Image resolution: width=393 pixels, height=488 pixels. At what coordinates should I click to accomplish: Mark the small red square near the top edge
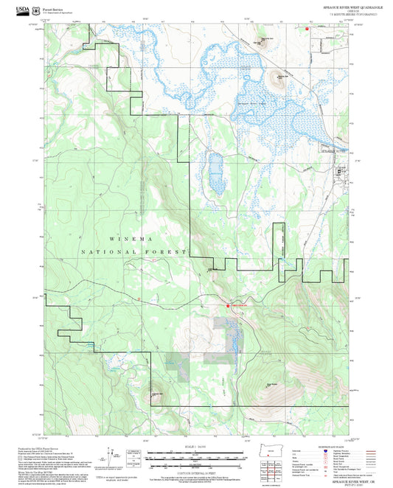(307, 27)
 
